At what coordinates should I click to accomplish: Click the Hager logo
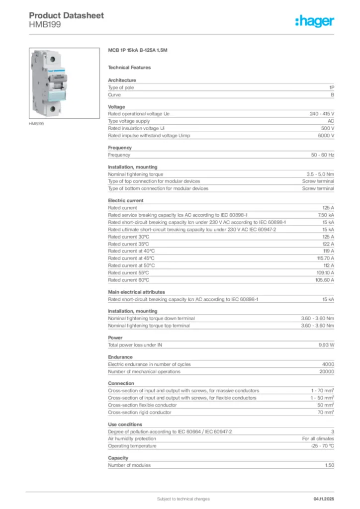tap(314, 21)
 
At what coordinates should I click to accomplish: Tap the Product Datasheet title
tap(66, 15)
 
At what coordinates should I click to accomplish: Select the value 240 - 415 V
tap(322, 114)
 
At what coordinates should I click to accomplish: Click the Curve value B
tap(332, 94)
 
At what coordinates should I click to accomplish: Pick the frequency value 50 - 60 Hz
tap(323, 155)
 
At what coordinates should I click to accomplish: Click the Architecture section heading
tap(122, 80)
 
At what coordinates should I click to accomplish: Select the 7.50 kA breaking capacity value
tap(325, 215)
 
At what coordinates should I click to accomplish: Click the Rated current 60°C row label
tap(128, 280)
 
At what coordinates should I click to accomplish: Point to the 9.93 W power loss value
tap(326, 344)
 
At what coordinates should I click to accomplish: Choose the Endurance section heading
tap(120, 357)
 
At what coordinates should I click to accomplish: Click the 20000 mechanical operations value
tap(326, 371)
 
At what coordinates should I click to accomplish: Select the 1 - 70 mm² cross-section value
tap(322, 391)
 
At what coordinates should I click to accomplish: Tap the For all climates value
tap(318, 439)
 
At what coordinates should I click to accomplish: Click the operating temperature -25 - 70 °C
tap(321, 446)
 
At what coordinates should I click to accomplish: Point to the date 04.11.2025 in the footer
tap(323, 499)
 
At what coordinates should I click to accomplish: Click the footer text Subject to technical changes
tap(183, 499)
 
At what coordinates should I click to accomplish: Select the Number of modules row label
tap(129, 465)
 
